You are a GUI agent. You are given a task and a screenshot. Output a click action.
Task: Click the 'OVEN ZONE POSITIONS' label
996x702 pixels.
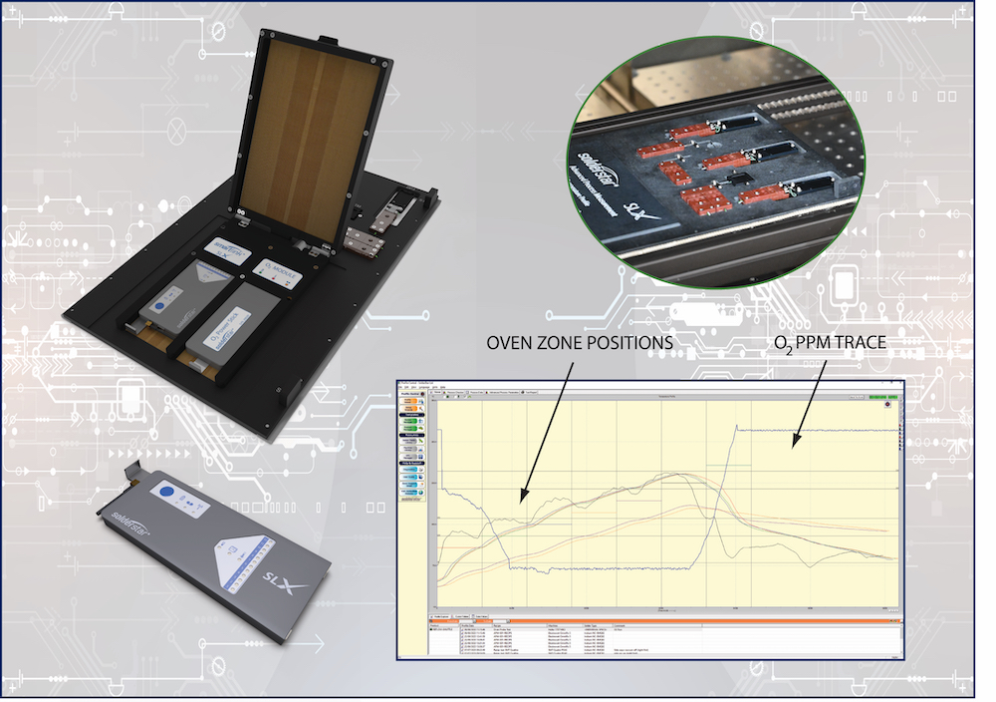(x=579, y=342)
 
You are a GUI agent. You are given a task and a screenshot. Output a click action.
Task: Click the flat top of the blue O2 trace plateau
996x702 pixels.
(x=817, y=430)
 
